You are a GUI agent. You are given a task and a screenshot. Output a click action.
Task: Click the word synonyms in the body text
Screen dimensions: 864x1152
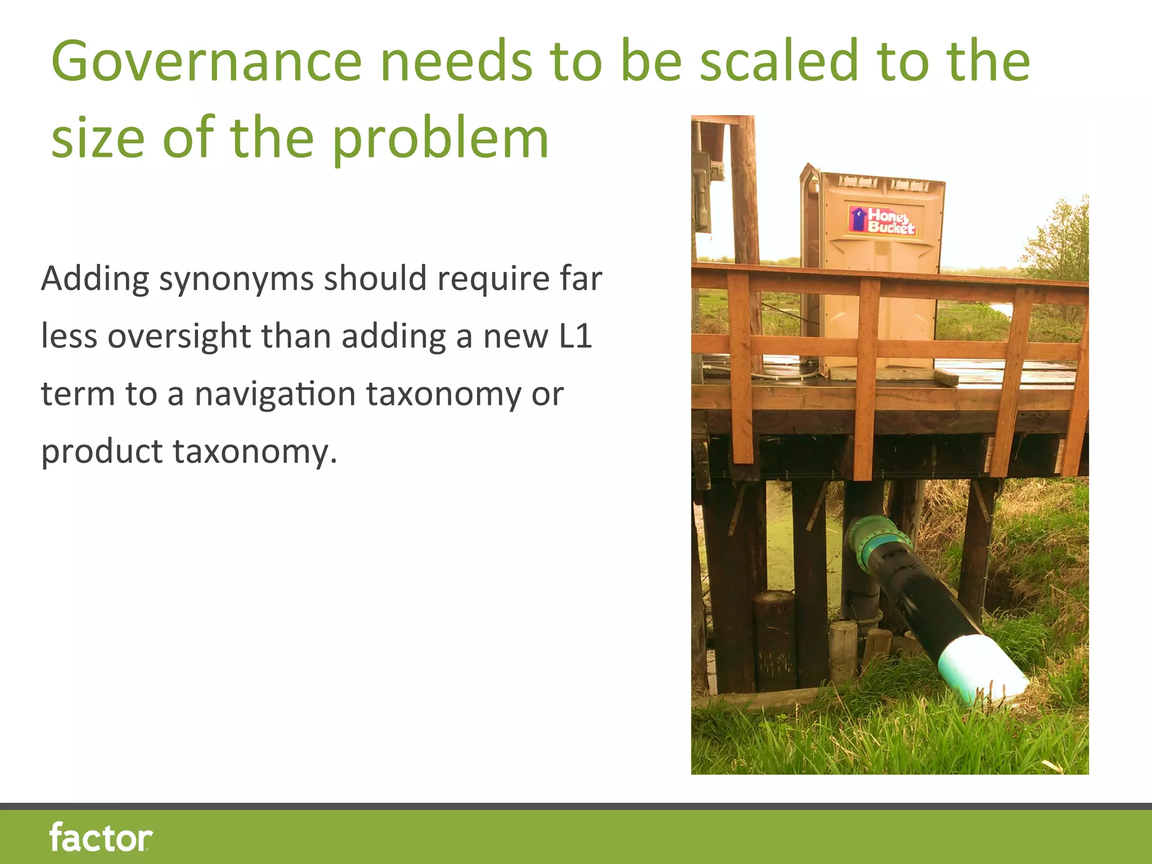point(236,279)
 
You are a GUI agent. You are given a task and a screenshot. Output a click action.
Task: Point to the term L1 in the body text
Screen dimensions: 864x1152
point(575,336)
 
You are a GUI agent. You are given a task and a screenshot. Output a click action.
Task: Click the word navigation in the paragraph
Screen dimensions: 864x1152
point(274,394)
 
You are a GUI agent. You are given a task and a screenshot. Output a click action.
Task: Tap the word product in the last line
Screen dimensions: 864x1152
point(102,452)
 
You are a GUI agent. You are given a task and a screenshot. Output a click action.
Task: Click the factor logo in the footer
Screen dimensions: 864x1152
point(101,837)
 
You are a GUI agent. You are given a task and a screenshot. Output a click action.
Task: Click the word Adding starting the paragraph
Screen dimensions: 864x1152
point(94,279)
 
